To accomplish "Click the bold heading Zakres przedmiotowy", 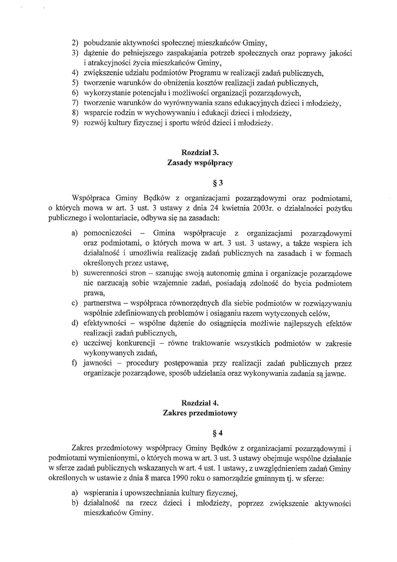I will [200, 413].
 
